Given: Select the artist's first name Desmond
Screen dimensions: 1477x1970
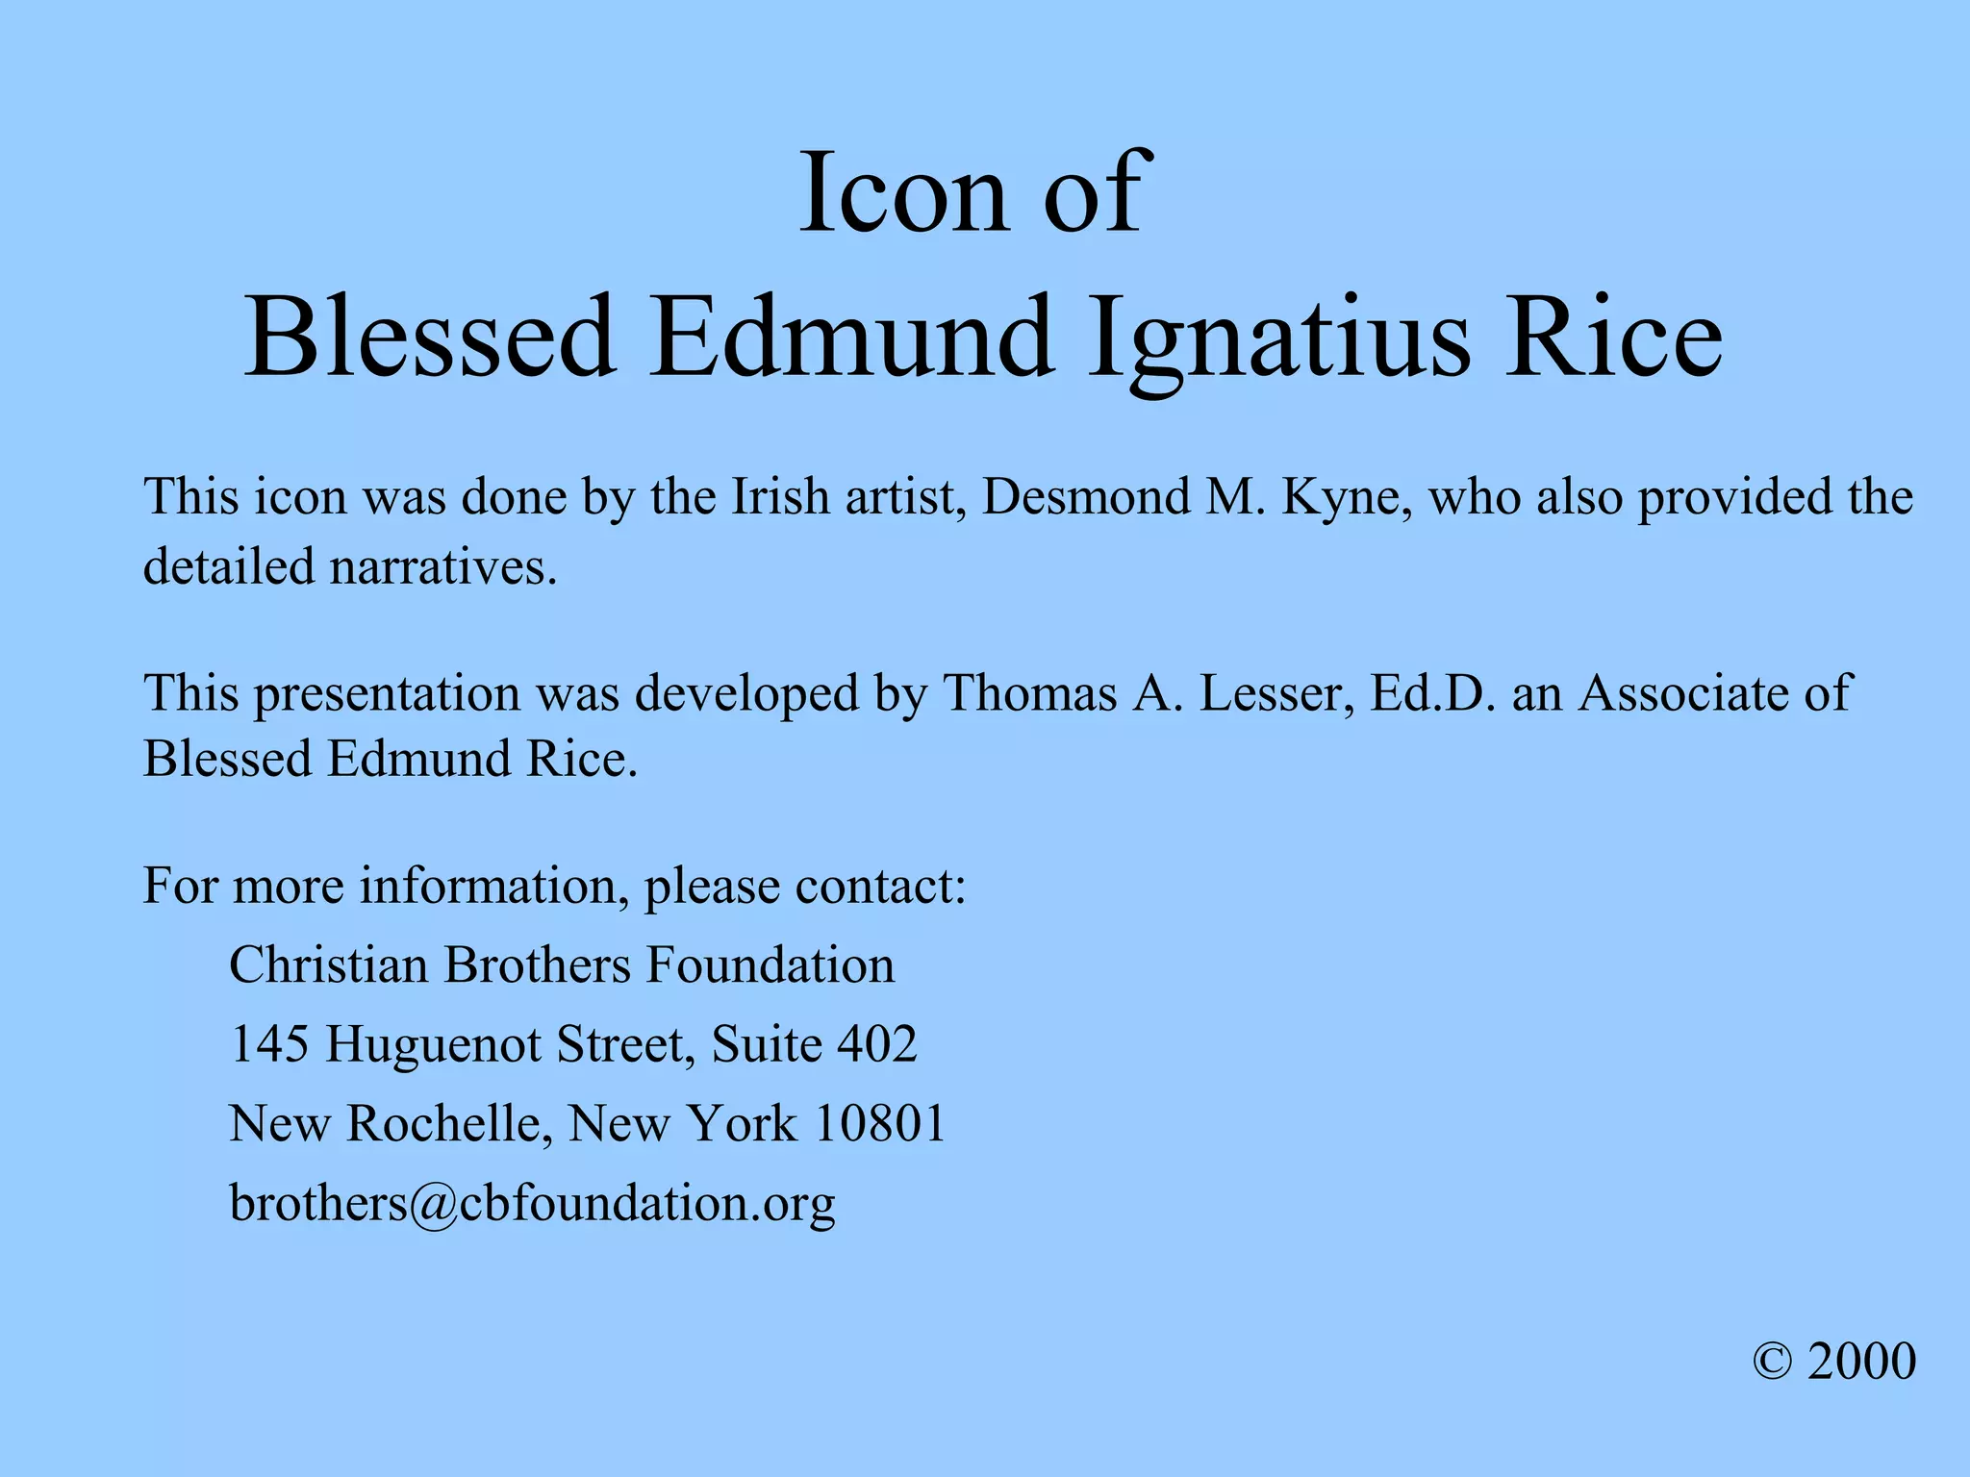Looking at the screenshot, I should [x=1085, y=497].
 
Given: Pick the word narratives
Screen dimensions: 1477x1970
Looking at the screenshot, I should [x=443, y=566].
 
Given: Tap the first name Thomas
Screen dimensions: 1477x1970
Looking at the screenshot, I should [x=1029, y=692].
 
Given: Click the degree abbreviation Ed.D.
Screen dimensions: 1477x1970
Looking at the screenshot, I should [x=1432, y=692].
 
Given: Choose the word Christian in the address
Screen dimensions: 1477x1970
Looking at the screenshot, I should [x=329, y=964].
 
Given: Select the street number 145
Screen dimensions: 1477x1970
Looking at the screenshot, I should [x=269, y=1044].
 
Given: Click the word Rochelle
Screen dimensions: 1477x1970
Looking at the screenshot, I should [x=450, y=1123].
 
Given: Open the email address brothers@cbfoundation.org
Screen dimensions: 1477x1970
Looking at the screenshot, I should [x=532, y=1203].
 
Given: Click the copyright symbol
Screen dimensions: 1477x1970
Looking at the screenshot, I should [x=1772, y=1362].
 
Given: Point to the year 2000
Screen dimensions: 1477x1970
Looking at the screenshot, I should [x=1861, y=1362].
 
